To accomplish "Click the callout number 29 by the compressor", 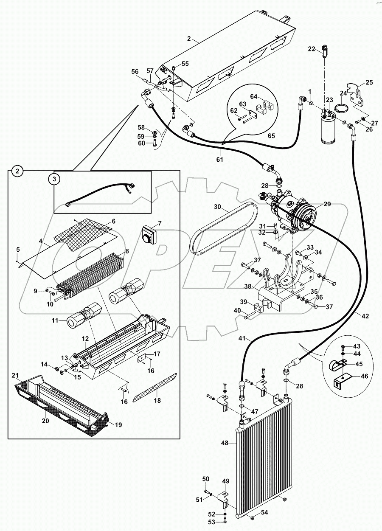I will tap(327, 204).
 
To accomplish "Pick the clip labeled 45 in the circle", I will tap(339, 365).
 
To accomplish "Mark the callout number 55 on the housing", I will tap(185, 64).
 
